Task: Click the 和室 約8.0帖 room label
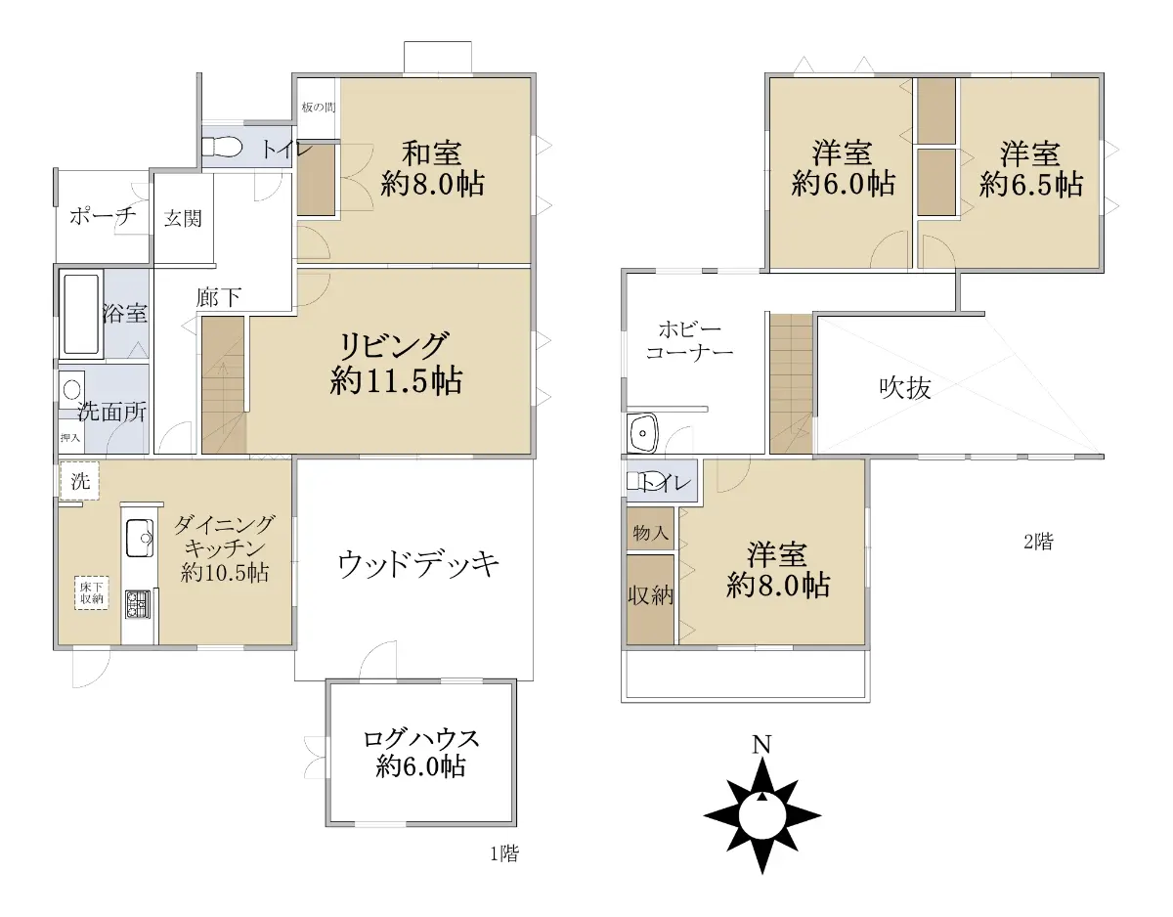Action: tap(432, 168)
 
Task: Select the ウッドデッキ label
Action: tap(418, 564)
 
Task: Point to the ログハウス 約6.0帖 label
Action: tap(421, 753)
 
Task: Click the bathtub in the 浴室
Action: tap(81, 314)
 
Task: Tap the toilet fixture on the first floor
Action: tap(221, 146)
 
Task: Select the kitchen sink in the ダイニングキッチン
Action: tap(140, 538)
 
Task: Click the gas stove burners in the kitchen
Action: tap(139, 604)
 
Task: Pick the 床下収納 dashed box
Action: tap(92, 592)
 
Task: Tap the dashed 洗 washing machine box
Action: tap(79, 481)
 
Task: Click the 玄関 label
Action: tap(183, 219)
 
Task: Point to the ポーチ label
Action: tap(103, 216)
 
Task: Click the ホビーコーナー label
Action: tap(690, 340)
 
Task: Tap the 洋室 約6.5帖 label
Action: tap(1031, 169)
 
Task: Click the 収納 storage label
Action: tap(650, 595)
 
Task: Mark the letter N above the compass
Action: tap(761, 745)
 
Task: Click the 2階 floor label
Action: tap(1038, 542)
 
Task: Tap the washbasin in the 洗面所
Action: tap(71, 389)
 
